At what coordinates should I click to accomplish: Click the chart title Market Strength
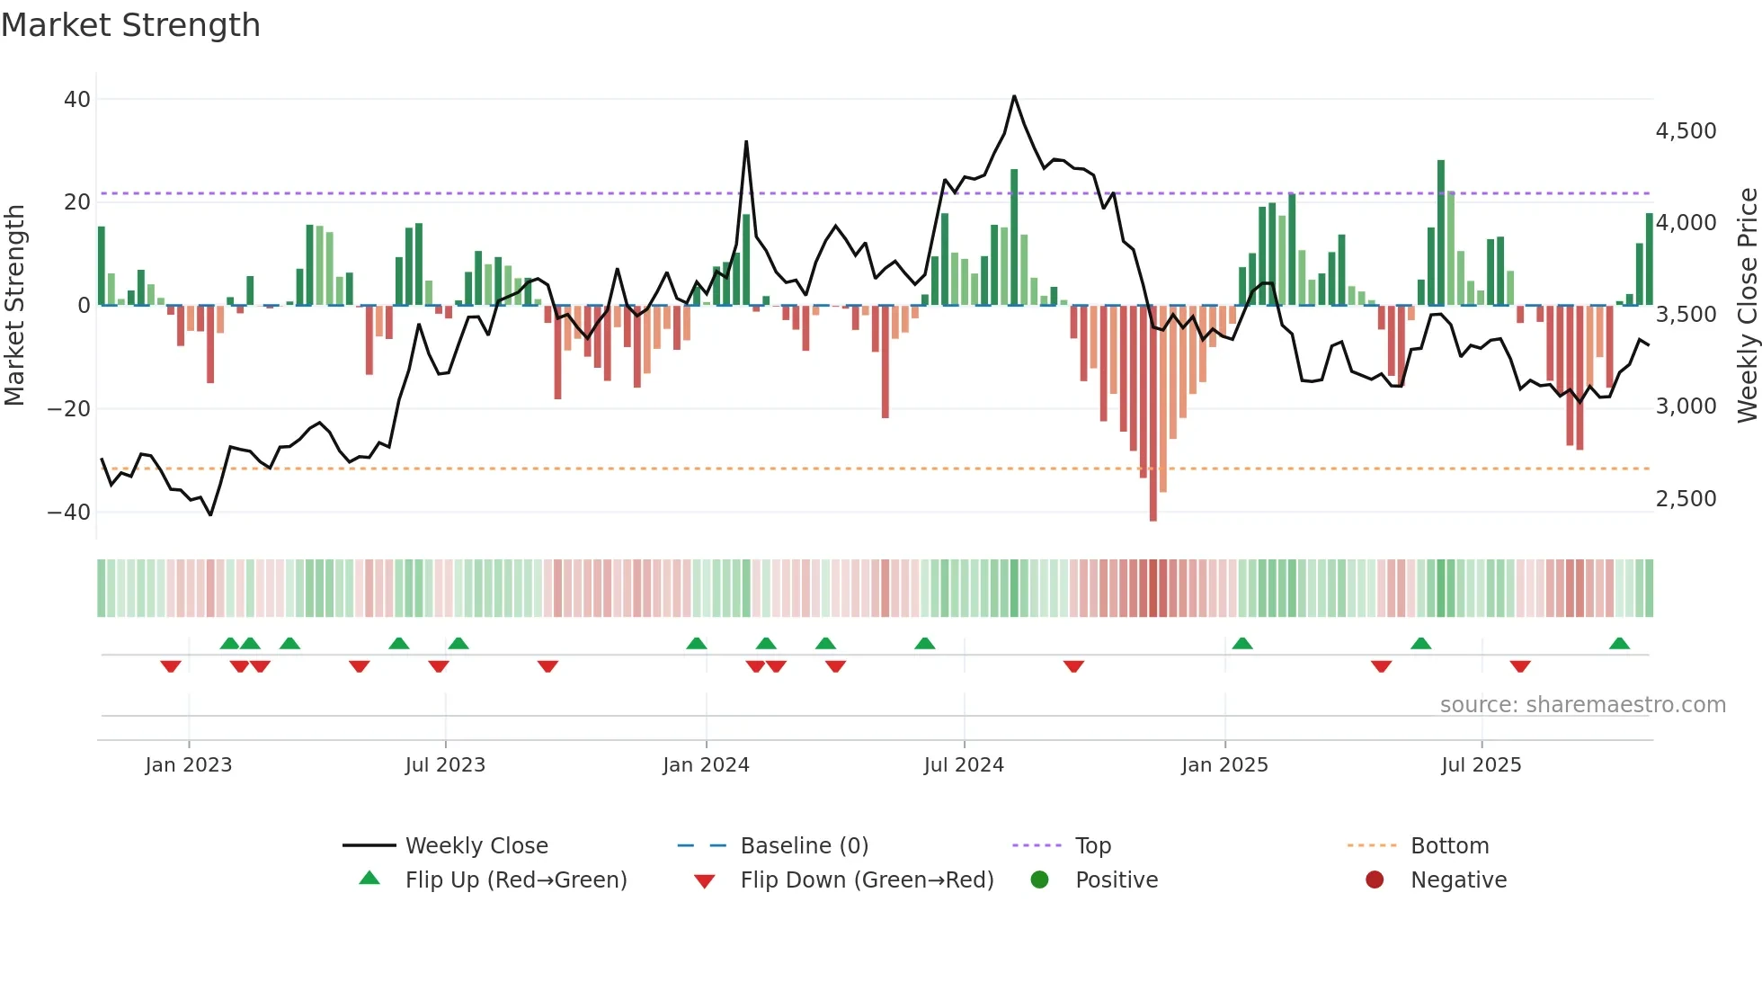pyautogui.click(x=130, y=25)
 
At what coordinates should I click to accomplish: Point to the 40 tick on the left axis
pyautogui.click(x=77, y=100)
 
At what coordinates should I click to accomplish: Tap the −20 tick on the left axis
pyautogui.click(x=69, y=409)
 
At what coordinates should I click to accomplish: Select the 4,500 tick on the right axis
pyautogui.click(x=1686, y=131)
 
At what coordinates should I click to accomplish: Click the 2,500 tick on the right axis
pyautogui.click(x=1686, y=499)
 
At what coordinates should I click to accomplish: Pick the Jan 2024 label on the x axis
pyautogui.click(x=706, y=765)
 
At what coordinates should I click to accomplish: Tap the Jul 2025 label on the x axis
pyautogui.click(x=1481, y=765)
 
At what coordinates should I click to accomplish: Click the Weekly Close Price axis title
pyautogui.click(x=1747, y=306)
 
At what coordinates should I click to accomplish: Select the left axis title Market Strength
pyautogui.click(x=14, y=306)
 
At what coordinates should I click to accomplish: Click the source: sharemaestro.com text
pyautogui.click(x=1582, y=705)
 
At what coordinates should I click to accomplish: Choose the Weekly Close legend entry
pyautogui.click(x=476, y=846)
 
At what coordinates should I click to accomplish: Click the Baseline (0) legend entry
pyautogui.click(x=804, y=846)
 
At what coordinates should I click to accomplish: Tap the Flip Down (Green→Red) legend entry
pyautogui.click(x=866, y=880)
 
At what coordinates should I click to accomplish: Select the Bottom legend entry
pyautogui.click(x=1449, y=846)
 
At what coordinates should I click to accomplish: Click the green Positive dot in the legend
pyautogui.click(x=1039, y=880)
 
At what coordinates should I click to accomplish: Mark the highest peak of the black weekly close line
pyautogui.click(x=1014, y=96)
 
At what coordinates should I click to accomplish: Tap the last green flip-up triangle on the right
pyautogui.click(x=1619, y=644)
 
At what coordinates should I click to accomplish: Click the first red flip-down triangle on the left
pyautogui.click(x=171, y=666)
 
